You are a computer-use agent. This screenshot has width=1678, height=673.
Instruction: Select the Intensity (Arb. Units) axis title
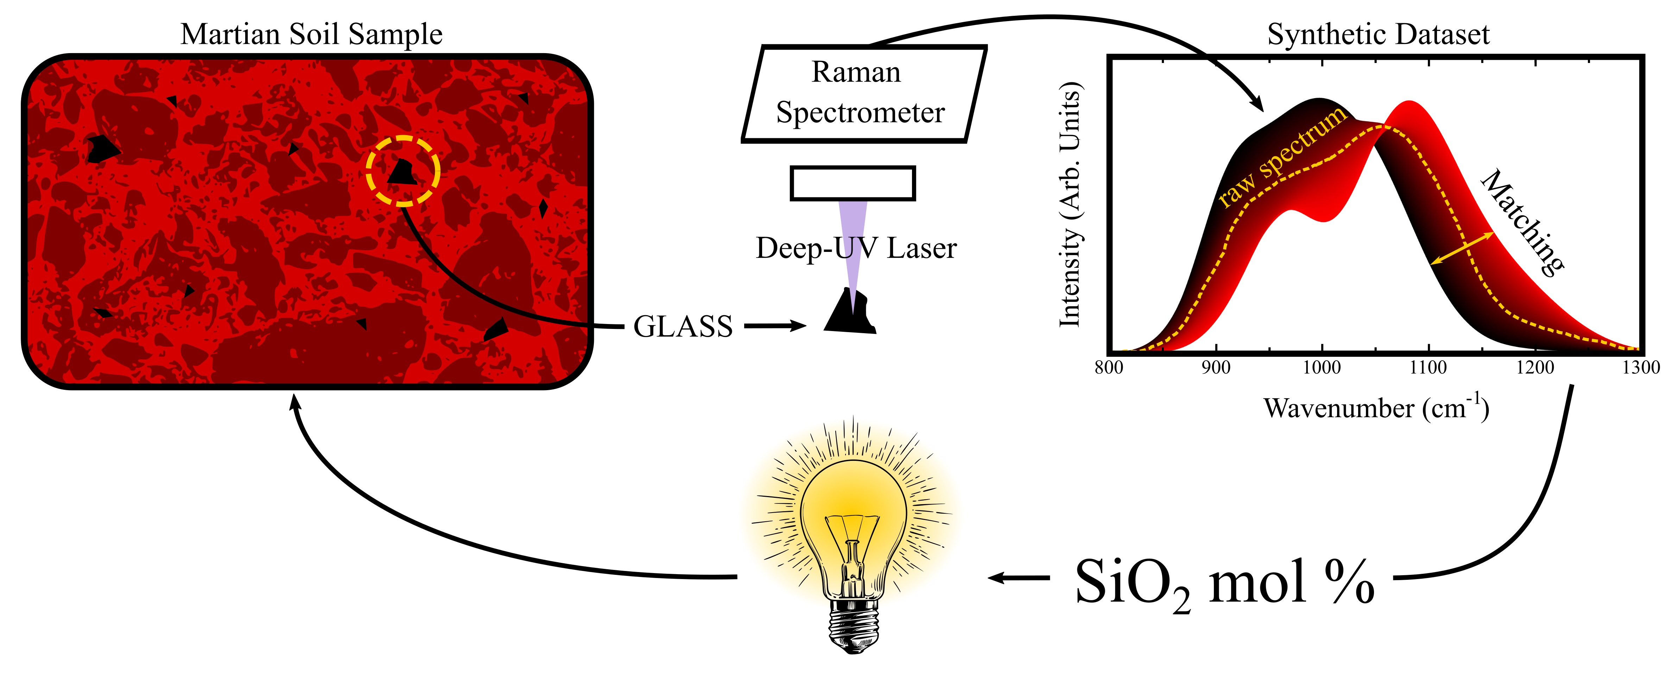[1070, 204]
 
